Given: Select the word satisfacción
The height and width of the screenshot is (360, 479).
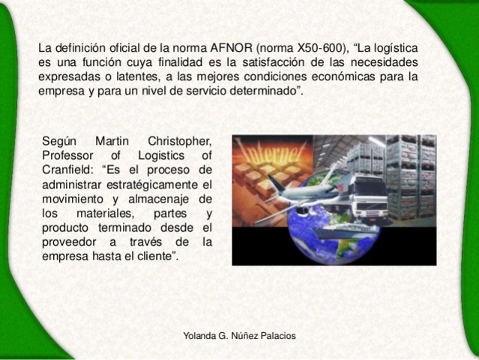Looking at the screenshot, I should point(252,62).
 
